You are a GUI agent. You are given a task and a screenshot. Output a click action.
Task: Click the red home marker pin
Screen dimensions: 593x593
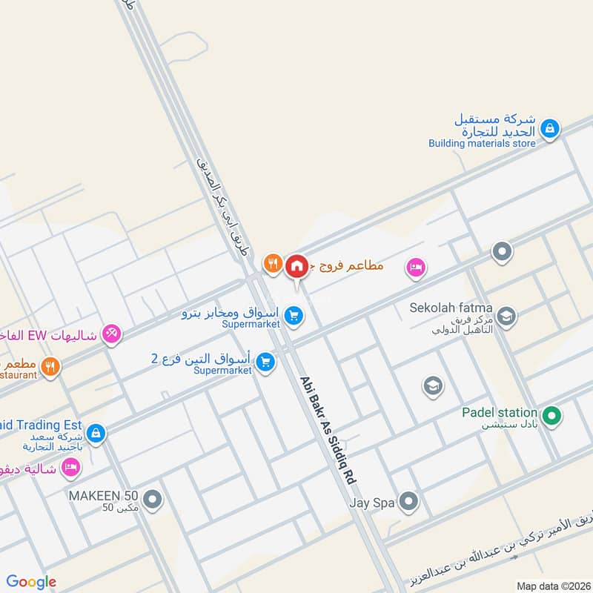[296, 265]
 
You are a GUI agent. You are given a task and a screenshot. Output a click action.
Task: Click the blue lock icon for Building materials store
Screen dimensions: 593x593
[549, 129]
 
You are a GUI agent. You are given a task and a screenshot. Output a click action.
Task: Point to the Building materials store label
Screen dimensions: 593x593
[482, 143]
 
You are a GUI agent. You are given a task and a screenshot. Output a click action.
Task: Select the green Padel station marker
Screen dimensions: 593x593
[550, 417]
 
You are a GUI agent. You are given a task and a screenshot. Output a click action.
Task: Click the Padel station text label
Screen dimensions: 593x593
[499, 412]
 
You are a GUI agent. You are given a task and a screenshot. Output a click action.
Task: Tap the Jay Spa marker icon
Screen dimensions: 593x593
[408, 502]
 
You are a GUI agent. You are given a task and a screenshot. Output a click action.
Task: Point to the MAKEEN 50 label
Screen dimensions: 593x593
[104, 495]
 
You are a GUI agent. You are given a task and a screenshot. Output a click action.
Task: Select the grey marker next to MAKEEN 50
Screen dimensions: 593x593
[153, 500]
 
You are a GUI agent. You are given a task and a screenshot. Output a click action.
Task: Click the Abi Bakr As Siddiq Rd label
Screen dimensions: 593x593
[328, 431]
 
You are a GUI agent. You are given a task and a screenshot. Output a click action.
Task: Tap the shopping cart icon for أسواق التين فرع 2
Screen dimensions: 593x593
[265, 362]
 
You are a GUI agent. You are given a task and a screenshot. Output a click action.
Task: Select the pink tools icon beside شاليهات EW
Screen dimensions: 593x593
[111, 334]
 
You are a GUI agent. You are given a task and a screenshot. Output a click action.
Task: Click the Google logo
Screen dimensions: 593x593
[31, 582]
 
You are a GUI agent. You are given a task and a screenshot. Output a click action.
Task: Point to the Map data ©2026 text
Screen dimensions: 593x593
[552, 586]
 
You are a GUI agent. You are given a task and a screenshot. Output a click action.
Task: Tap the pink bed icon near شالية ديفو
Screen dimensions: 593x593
[70, 467]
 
